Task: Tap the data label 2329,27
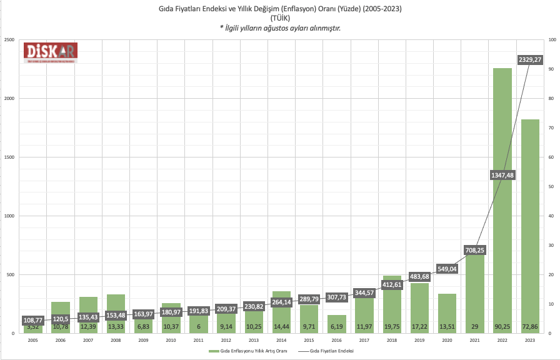click(x=530, y=59)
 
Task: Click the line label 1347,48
click(x=502, y=175)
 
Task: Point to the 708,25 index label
click(x=475, y=250)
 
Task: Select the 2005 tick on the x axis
click(x=33, y=341)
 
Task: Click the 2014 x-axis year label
click(x=281, y=341)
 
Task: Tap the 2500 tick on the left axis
click(x=10, y=40)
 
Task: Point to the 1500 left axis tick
click(x=10, y=157)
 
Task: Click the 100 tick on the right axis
click(x=551, y=40)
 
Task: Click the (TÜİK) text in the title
click(x=279, y=18)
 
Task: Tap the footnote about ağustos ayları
click(x=279, y=28)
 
